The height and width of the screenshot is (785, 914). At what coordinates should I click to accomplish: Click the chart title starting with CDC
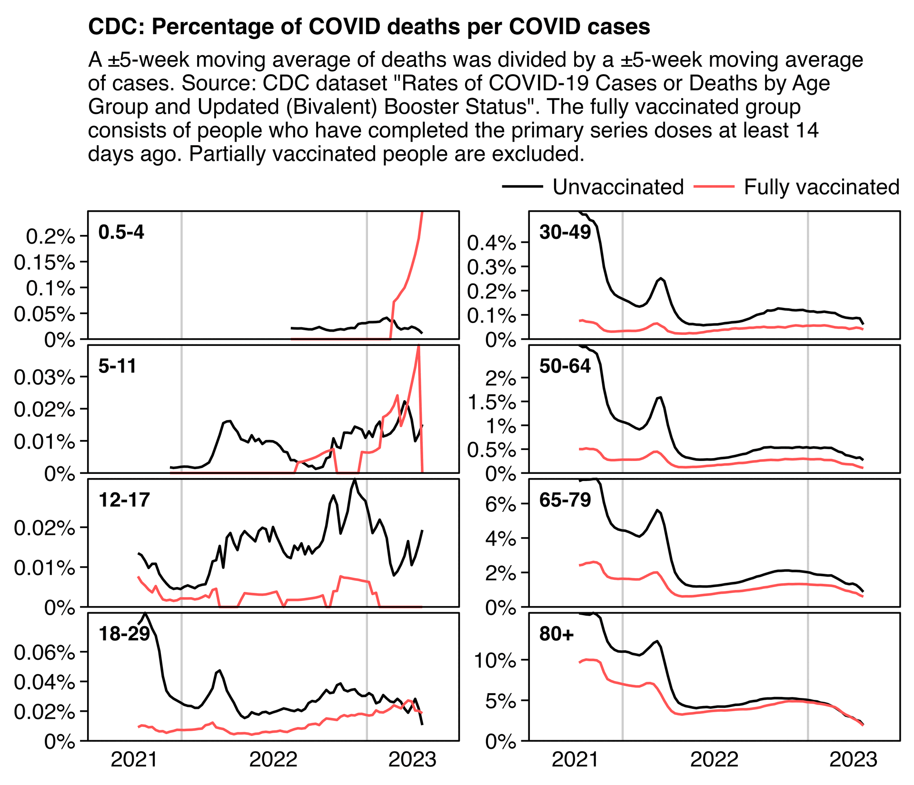click(x=369, y=27)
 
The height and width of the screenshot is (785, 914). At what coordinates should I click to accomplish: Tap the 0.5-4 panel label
click(x=121, y=233)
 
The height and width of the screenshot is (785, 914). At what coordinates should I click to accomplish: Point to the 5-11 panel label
click(x=117, y=366)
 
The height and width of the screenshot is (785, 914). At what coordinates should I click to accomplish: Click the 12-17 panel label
click(x=124, y=500)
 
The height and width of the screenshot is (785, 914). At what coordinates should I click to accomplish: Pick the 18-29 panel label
click(x=124, y=634)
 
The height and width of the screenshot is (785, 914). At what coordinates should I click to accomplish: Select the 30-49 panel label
click(x=565, y=233)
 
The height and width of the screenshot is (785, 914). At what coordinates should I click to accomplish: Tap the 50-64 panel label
click(x=565, y=366)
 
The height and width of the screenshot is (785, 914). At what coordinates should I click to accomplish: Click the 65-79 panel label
click(x=565, y=500)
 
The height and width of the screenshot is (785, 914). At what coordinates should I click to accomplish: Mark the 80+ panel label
click(x=556, y=634)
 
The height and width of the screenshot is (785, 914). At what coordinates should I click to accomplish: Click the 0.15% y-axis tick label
click(x=44, y=262)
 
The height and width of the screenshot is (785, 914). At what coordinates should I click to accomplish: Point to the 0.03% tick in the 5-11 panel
click(x=44, y=378)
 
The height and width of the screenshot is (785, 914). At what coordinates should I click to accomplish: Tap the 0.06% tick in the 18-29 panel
click(x=44, y=652)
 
